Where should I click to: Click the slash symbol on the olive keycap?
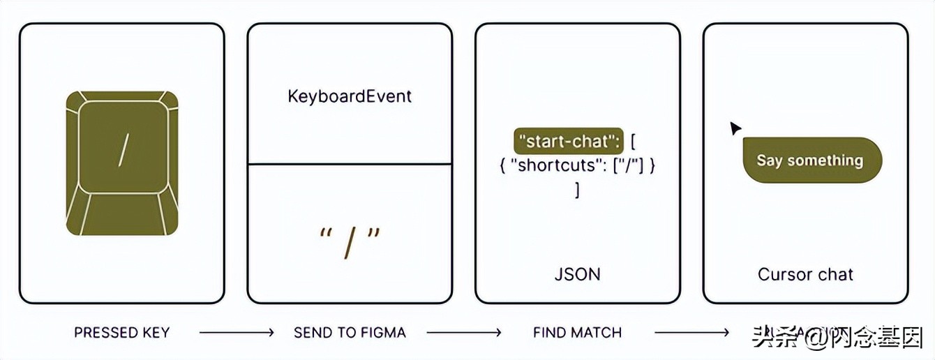tap(124, 150)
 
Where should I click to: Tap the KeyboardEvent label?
tap(350, 96)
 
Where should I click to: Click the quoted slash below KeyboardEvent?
tap(350, 241)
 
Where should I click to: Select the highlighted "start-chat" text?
tap(568, 142)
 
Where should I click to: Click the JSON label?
tap(577, 273)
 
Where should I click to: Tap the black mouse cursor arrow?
tap(735, 128)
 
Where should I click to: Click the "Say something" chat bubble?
tap(811, 160)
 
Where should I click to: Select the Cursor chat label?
tap(805, 274)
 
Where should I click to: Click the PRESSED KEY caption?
tap(122, 333)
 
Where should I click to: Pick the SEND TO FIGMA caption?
tap(350, 333)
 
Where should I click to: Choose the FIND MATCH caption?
tap(577, 333)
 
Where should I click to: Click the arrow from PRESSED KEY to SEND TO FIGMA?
tap(237, 333)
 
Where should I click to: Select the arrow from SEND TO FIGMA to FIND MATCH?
tap(464, 333)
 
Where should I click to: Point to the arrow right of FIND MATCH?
tap(691, 333)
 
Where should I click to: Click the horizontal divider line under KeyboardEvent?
tap(350, 164)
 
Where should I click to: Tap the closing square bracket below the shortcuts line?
tap(577, 189)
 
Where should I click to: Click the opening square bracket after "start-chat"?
tap(632, 142)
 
